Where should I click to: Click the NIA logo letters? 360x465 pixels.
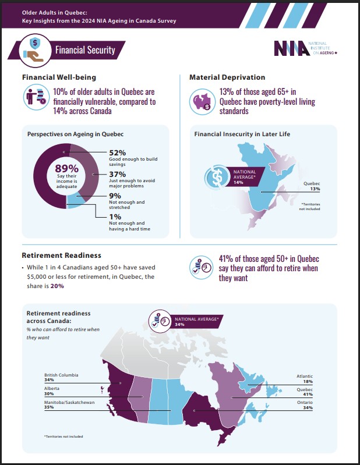(x=293, y=48)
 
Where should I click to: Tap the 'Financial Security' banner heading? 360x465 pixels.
(x=85, y=50)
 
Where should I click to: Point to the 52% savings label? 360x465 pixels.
(x=118, y=152)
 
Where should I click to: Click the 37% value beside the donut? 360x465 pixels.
(x=118, y=174)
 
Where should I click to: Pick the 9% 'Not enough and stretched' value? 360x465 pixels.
(x=115, y=196)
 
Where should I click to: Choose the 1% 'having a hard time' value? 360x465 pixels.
(x=115, y=216)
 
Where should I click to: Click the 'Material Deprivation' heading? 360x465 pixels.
(x=227, y=77)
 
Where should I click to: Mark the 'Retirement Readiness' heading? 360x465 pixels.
(x=61, y=255)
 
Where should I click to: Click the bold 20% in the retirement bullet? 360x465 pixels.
(x=57, y=286)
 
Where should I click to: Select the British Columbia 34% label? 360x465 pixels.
(x=61, y=378)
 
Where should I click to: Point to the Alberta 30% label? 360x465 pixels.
(x=52, y=392)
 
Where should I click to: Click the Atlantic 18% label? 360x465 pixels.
(x=303, y=378)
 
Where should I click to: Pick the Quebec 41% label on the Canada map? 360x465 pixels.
(x=303, y=392)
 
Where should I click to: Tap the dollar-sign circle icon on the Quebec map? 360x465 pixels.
(x=217, y=176)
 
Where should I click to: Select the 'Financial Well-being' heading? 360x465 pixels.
(x=59, y=77)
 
